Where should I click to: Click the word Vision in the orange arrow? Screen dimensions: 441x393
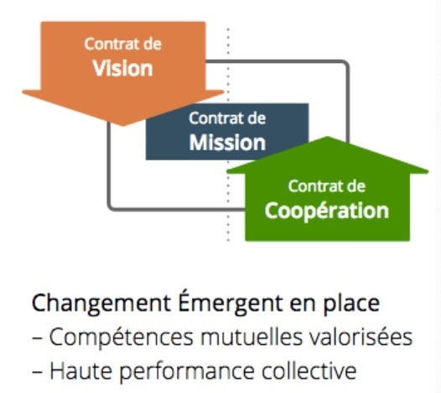pyautogui.click(x=122, y=69)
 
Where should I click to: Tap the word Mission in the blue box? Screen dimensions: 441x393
pyautogui.click(x=227, y=143)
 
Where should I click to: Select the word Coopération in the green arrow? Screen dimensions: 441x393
pyautogui.click(x=327, y=212)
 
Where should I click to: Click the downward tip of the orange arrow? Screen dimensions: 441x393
pyautogui.click(x=122, y=125)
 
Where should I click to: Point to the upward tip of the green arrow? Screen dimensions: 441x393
pyautogui.click(x=327, y=137)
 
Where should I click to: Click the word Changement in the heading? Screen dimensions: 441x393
pyautogui.click(x=101, y=303)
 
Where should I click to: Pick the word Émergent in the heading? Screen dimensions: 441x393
pyautogui.click(x=231, y=302)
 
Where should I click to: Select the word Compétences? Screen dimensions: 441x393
pyautogui.click(x=122, y=337)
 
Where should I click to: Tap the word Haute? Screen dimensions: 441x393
pyautogui.click(x=81, y=370)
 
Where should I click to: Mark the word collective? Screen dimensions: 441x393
pyautogui.click(x=309, y=370)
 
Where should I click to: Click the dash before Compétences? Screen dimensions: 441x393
pyautogui.click(x=37, y=338)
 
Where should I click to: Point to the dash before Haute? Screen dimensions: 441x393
pyautogui.click(x=37, y=372)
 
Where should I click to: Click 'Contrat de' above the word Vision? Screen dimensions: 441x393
pyautogui.click(x=123, y=45)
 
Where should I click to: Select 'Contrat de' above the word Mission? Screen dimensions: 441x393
pyautogui.click(x=227, y=118)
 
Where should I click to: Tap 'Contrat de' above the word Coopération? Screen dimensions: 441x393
pyautogui.click(x=327, y=186)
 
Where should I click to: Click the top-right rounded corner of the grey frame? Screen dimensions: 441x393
pyautogui.click(x=346, y=64)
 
